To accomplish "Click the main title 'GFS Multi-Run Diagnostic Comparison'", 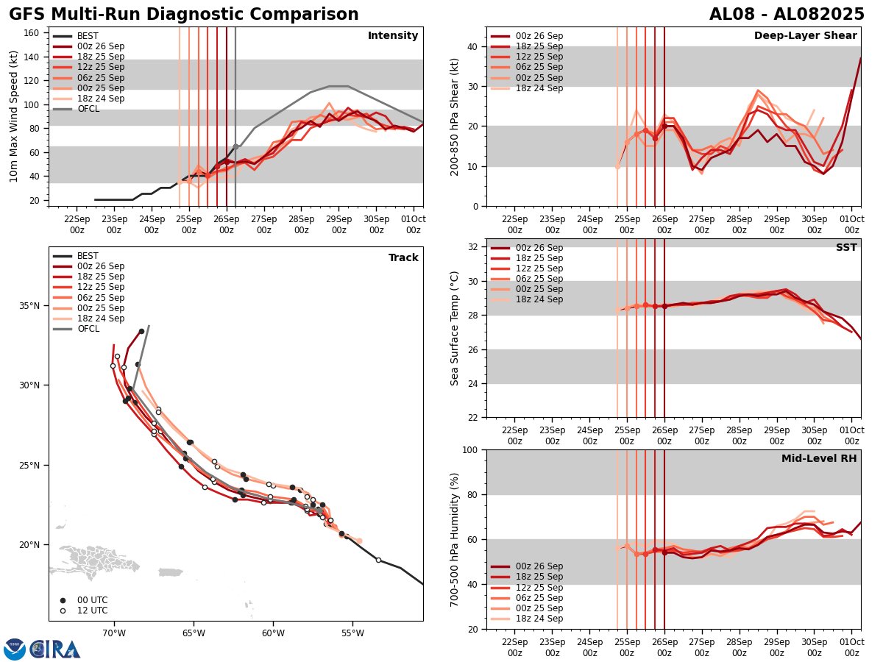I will coord(184,15).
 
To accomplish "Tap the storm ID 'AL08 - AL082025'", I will coord(787,15).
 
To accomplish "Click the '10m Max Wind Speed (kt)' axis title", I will coord(14,116).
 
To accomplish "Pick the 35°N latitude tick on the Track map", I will coord(29,305).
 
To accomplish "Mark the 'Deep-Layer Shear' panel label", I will coord(805,36).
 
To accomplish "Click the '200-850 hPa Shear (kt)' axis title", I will coord(455,116).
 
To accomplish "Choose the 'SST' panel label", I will coord(846,248).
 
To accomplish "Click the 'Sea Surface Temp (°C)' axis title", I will coord(455,328).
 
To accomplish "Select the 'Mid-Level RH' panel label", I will coord(819,459).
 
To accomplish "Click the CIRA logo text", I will coord(55,649).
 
